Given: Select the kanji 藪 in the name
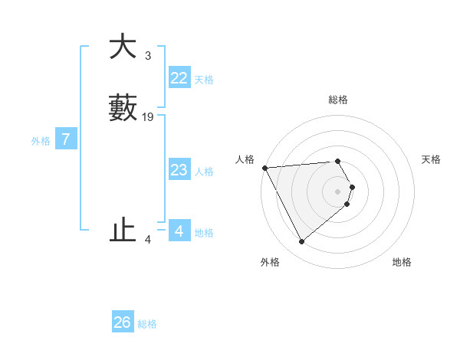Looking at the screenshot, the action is click(123, 108).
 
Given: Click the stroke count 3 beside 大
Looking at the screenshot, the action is click(147, 56).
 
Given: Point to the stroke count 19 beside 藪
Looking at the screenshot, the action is click(148, 117).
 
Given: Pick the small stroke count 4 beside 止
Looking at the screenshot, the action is click(148, 240).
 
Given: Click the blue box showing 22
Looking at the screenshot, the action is click(179, 78).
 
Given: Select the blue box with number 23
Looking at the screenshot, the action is click(179, 170).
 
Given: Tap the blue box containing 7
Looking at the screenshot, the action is click(66, 139).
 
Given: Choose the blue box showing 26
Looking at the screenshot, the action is click(123, 322).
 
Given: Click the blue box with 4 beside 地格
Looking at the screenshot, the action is click(179, 231).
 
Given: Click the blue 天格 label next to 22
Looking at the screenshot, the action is click(204, 80).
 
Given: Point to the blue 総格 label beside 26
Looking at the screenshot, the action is click(148, 324).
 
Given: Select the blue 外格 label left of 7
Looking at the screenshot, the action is click(41, 141).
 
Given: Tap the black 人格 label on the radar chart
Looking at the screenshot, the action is click(245, 159).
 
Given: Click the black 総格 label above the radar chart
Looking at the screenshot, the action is click(338, 100).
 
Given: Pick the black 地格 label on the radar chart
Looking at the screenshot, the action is click(402, 262).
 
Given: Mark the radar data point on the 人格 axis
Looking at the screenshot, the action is click(264, 167).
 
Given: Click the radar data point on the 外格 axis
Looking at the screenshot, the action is click(301, 242).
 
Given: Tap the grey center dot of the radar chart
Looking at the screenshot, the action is click(338, 191).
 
